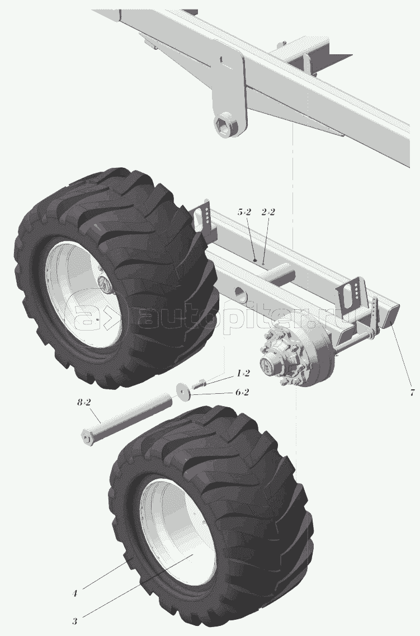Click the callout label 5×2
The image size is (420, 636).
(x=244, y=212)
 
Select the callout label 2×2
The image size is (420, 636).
(x=268, y=212)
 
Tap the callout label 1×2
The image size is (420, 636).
(x=244, y=373)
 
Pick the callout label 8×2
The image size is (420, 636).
(x=83, y=402)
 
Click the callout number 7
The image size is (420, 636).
(x=412, y=392)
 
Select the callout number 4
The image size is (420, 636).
(x=74, y=593)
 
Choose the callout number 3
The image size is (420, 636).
(x=74, y=620)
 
